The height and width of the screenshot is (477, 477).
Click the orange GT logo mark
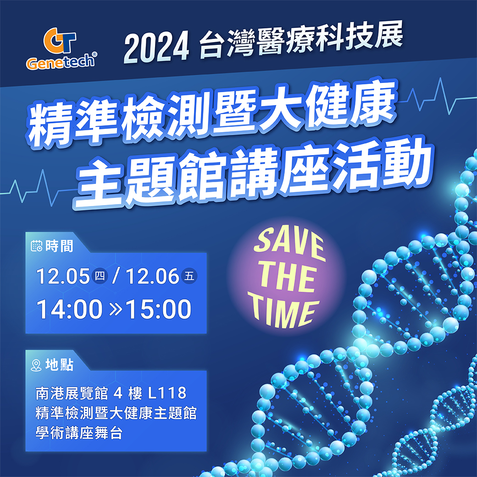coord(60,40)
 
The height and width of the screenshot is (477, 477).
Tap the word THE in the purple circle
coord(288,278)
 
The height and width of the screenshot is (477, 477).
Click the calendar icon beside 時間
coord(37,245)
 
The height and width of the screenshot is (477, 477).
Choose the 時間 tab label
coord(59,246)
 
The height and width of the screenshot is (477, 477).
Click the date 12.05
coord(63,276)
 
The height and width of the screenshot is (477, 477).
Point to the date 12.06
coord(152,276)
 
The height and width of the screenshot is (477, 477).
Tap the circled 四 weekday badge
coord(100,276)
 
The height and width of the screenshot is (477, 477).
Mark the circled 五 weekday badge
coord(189,276)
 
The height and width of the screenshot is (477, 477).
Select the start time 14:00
coord(69,309)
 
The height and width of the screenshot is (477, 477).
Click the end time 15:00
coord(159,309)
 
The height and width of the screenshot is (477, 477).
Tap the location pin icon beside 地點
coord(36,365)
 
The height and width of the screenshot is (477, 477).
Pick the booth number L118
coord(167,393)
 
